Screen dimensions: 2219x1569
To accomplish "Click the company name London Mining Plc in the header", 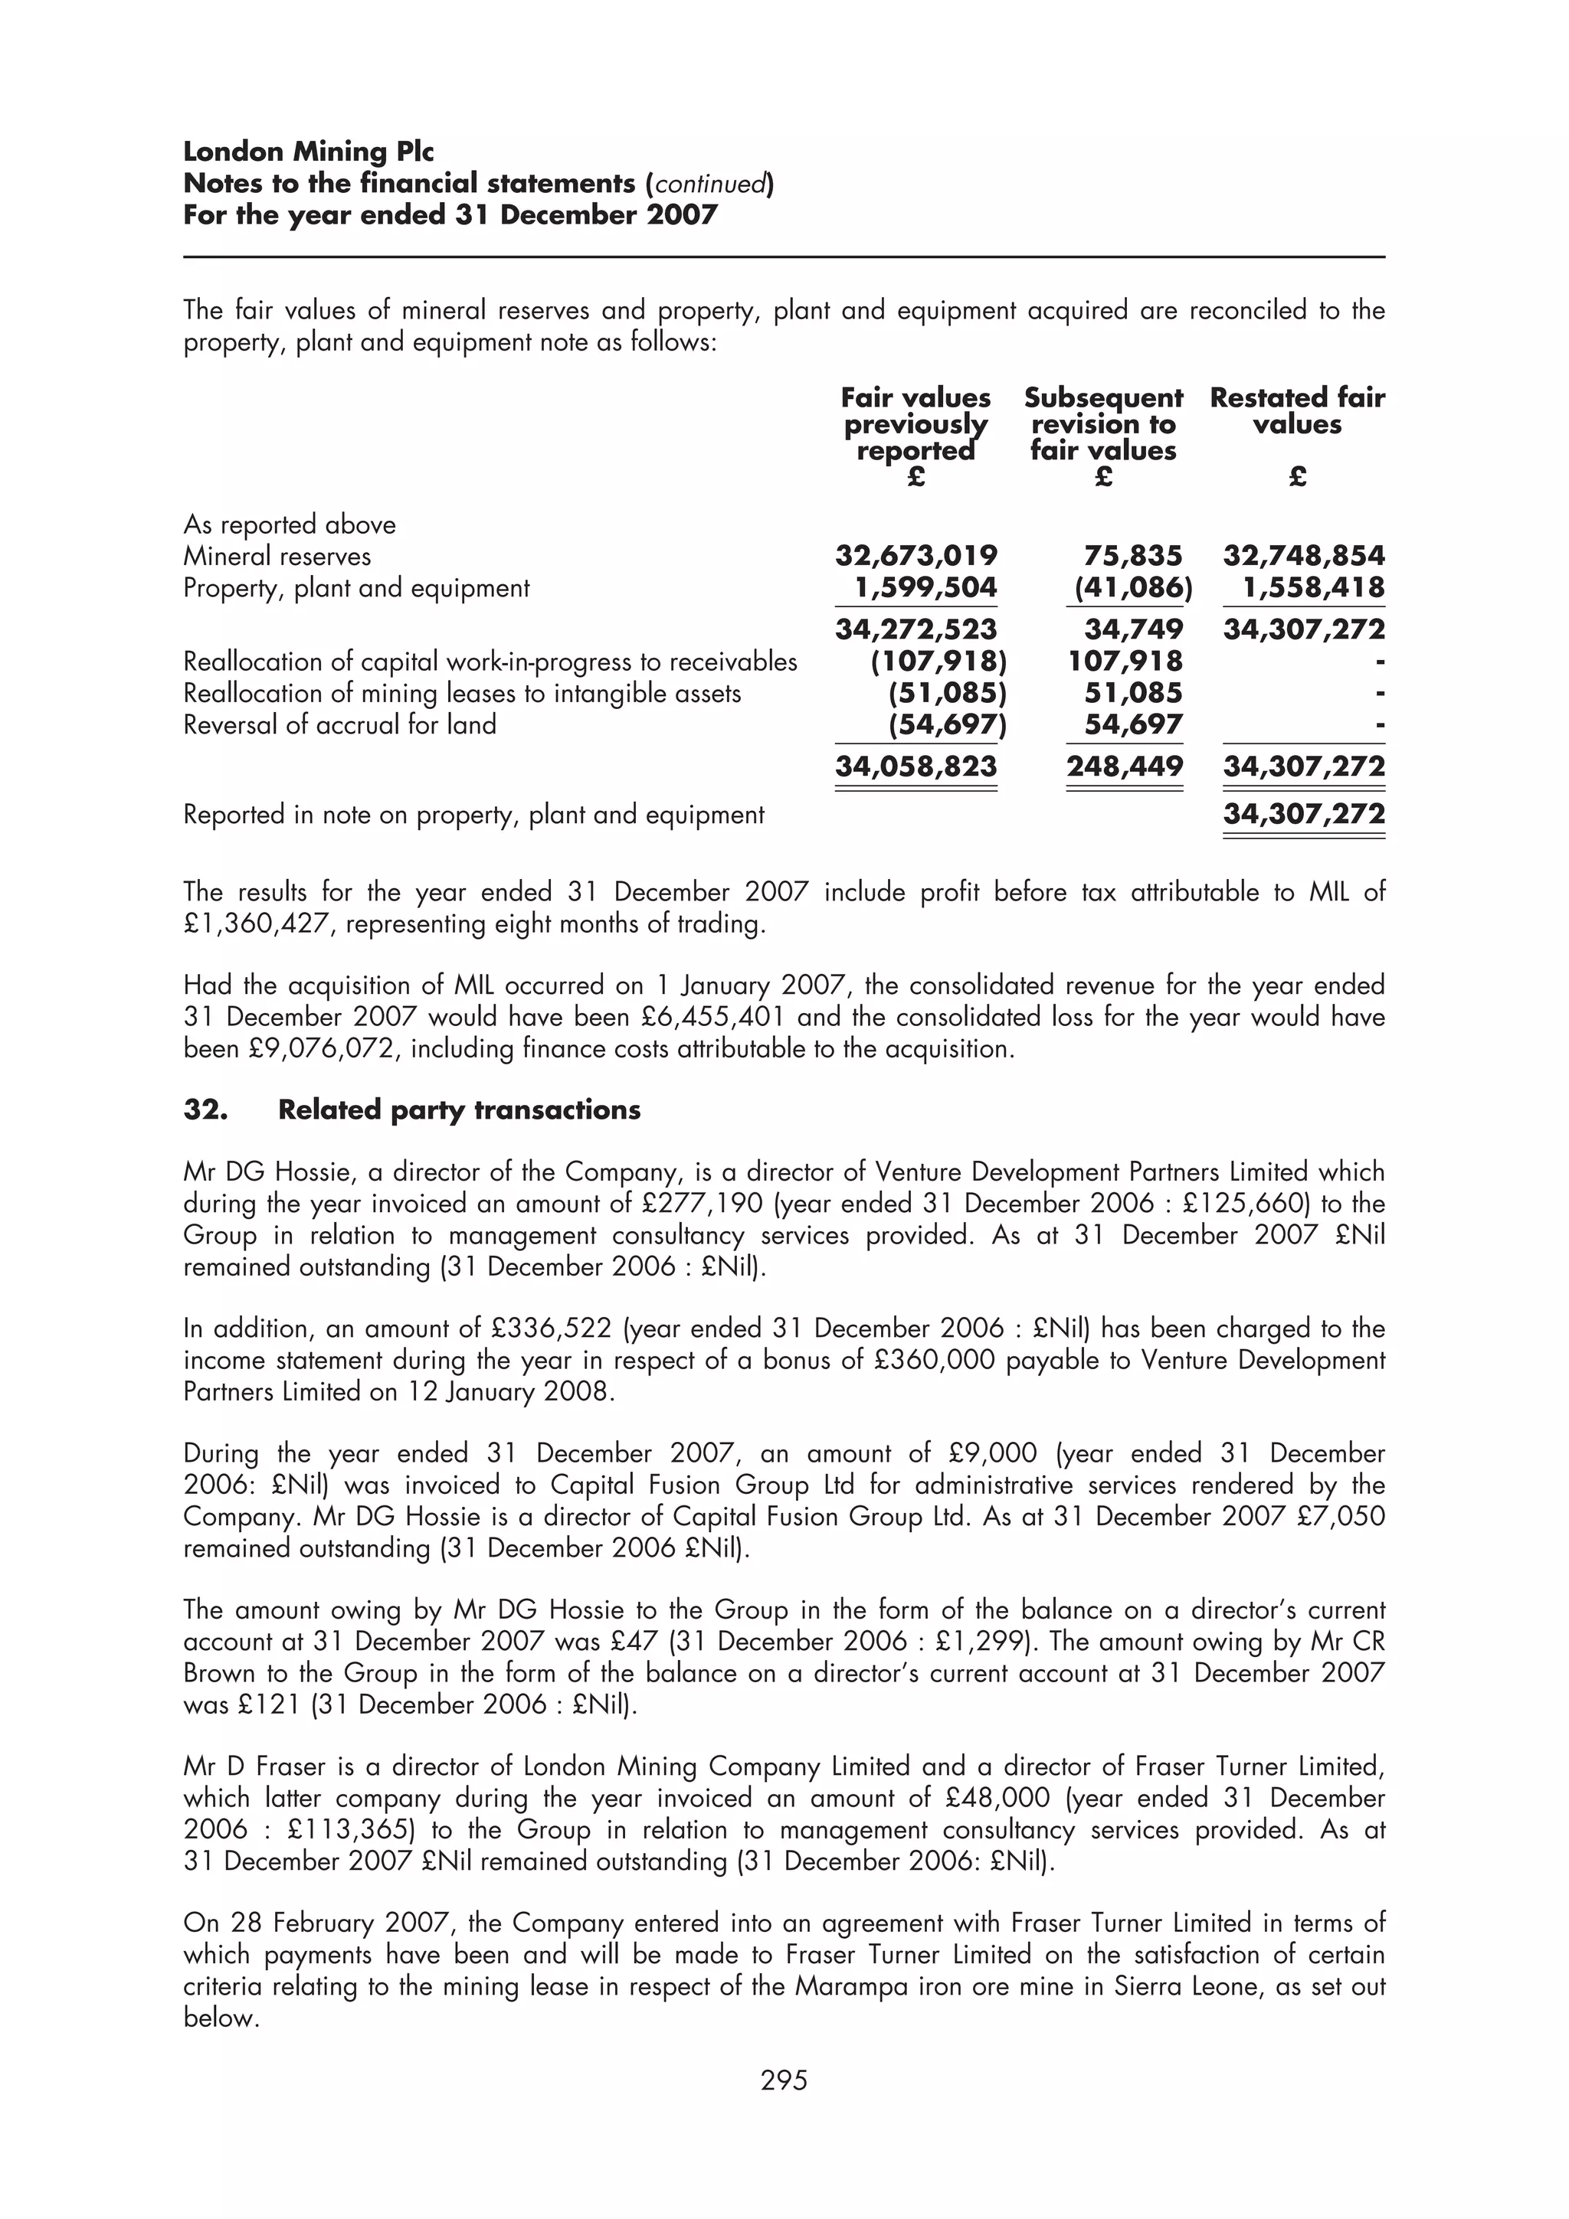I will tap(309, 152).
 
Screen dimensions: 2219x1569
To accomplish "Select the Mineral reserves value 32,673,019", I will tap(916, 556).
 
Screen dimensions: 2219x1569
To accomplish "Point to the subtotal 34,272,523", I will tap(916, 629).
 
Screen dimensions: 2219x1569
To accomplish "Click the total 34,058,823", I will tap(916, 766).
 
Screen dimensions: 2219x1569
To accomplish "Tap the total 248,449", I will tap(1125, 766).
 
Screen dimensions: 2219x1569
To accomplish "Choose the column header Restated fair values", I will tap(1296, 410).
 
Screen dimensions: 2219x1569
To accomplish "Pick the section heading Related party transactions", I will tap(458, 1109).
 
